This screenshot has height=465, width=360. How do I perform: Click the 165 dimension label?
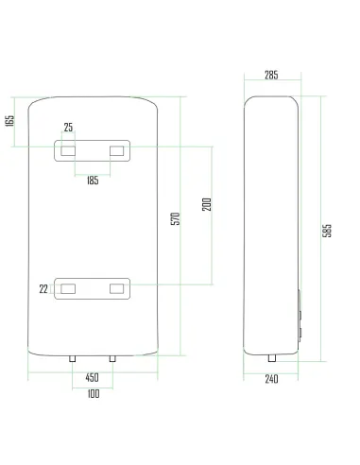(10, 121)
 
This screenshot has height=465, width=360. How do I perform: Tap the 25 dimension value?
(68, 128)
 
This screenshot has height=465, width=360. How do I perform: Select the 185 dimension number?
(93, 181)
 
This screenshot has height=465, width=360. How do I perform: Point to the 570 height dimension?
(176, 218)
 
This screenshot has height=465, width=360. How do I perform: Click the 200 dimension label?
(207, 204)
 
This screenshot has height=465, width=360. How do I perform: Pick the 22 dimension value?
(43, 289)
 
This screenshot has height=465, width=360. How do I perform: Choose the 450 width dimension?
(92, 377)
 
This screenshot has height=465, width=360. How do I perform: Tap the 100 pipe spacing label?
(94, 394)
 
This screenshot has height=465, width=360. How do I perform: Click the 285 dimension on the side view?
(271, 75)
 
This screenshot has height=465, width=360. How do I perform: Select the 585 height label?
(327, 231)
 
